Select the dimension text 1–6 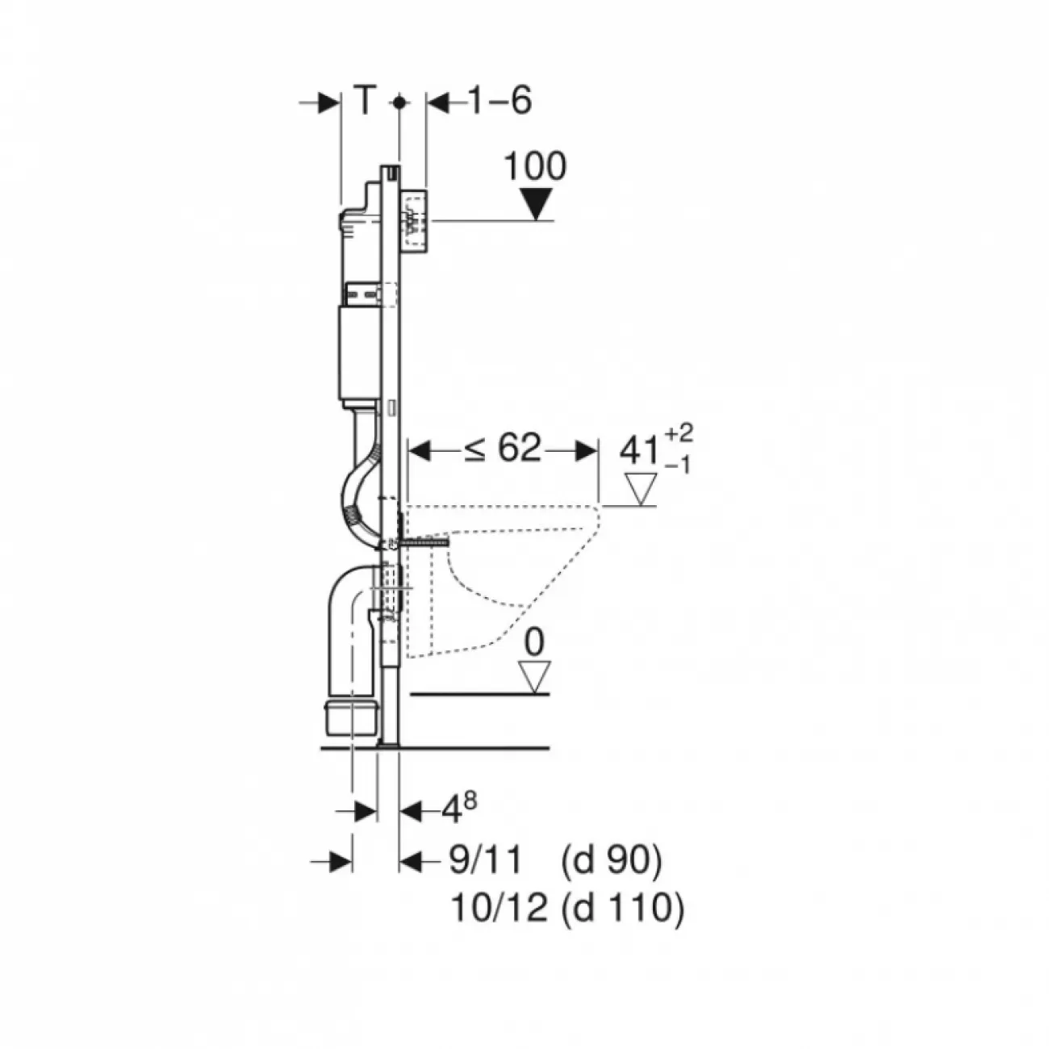click(499, 101)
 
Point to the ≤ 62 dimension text click(502, 449)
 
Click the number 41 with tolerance click(641, 451)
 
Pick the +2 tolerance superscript click(679, 433)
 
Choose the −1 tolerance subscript click(678, 466)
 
